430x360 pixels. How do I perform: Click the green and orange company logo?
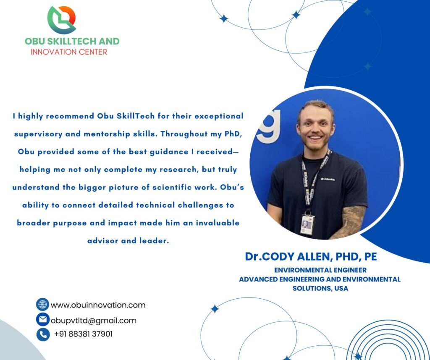click(x=62, y=20)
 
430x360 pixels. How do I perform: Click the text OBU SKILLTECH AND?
click(x=72, y=41)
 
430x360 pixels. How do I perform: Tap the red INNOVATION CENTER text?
click(x=69, y=52)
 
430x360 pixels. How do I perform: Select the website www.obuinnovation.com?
click(x=98, y=305)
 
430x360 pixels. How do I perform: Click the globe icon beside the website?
click(x=42, y=304)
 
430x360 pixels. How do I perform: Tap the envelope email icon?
click(x=43, y=319)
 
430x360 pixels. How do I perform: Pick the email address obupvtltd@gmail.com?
click(x=94, y=321)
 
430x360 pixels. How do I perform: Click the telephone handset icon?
click(x=43, y=334)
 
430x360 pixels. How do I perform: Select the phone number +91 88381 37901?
click(x=84, y=334)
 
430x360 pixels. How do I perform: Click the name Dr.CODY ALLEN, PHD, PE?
click(x=311, y=256)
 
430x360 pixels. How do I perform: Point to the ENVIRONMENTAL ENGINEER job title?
click(x=320, y=270)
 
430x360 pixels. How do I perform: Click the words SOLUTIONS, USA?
click(x=320, y=288)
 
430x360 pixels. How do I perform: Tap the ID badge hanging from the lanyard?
click(x=307, y=224)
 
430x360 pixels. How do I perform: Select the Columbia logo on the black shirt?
click(x=328, y=179)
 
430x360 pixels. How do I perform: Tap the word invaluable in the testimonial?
click(x=218, y=223)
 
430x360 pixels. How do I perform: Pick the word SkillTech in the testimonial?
click(x=132, y=116)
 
